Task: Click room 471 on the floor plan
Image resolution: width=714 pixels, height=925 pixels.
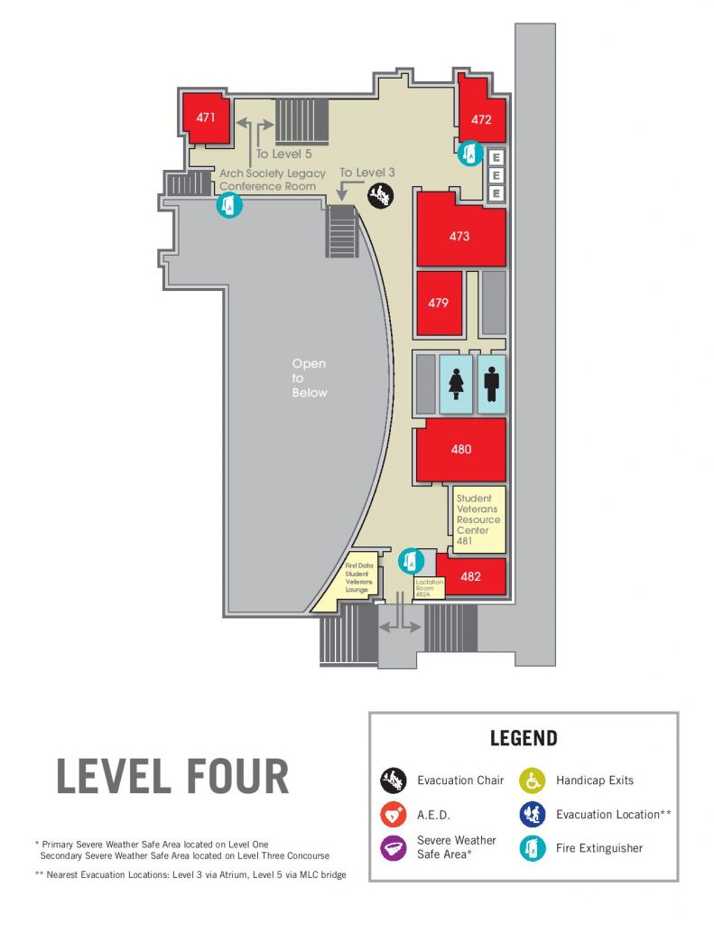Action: [206, 117]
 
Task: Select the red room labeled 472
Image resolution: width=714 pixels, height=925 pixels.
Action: [481, 118]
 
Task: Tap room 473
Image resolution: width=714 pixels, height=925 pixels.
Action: [459, 237]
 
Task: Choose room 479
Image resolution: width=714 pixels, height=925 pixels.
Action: [439, 303]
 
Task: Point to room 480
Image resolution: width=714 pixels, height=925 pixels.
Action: [460, 449]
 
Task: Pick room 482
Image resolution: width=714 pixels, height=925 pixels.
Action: [470, 576]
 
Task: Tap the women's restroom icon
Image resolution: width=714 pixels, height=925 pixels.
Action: [455, 383]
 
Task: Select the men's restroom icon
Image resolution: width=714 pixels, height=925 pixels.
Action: [491, 383]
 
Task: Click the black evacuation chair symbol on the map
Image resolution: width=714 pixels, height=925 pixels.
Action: [380, 193]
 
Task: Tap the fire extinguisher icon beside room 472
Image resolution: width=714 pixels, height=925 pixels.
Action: [468, 154]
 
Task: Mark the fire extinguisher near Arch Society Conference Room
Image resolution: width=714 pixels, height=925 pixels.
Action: [228, 206]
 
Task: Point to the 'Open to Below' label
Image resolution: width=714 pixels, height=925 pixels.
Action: [309, 378]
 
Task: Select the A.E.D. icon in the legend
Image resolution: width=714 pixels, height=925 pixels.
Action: [393, 814]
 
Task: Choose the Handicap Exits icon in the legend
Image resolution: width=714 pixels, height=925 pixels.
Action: [532, 780]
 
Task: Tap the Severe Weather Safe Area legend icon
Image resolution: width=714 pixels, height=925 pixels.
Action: [393, 848]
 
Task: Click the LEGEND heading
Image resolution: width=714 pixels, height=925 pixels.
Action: [524, 738]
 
